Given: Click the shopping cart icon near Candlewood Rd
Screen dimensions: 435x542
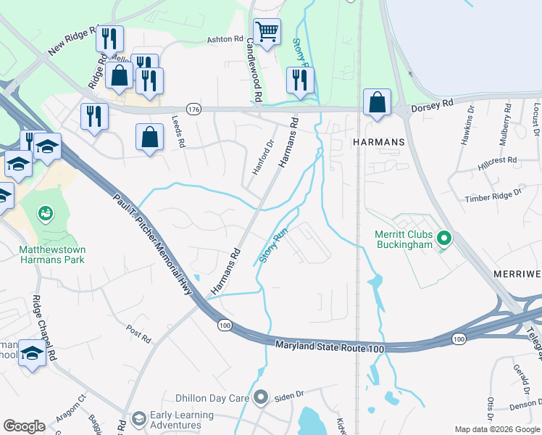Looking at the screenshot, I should tap(267, 32).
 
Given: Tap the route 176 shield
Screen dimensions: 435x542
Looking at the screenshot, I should tap(193, 109).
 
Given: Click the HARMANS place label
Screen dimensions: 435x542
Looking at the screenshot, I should tap(378, 143).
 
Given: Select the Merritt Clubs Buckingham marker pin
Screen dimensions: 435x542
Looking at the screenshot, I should tap(445, 238).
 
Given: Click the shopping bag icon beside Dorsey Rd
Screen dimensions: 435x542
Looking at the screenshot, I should tap(377, 102).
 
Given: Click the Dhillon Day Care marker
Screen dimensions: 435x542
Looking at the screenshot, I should tap(261, 397).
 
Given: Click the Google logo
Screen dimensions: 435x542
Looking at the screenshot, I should tap(24, 426).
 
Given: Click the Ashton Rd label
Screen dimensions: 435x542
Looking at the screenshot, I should tap(221, 39).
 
